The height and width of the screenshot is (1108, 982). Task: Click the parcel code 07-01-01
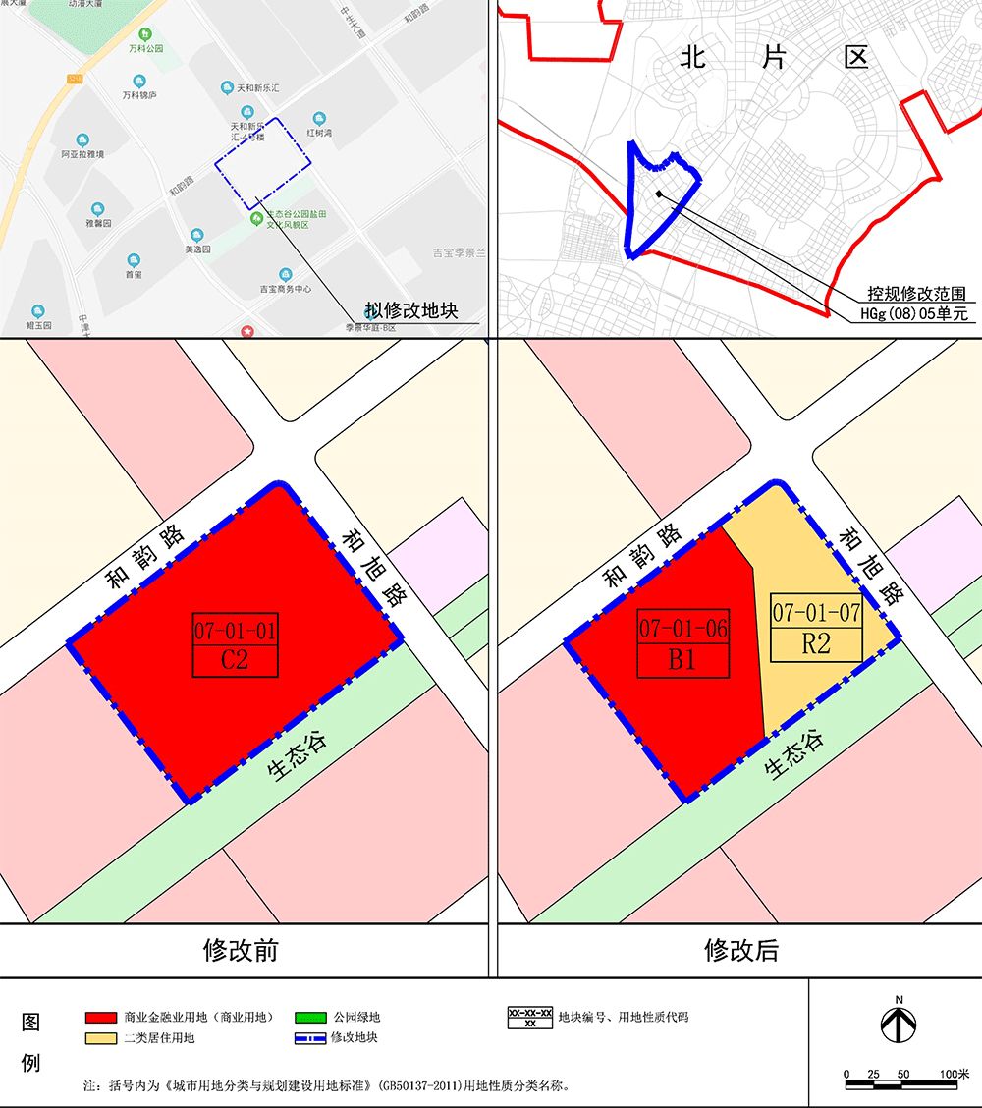tap(235, 629)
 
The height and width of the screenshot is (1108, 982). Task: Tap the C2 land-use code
tap(235, 660)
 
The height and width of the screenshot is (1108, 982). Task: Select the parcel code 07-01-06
tap(682, 629)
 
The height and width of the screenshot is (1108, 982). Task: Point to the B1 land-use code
tap(682, 660)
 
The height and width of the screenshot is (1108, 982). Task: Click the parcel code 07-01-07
tap(816, 614)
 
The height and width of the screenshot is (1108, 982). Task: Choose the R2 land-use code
tap(816, 644)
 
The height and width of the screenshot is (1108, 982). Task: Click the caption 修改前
tap(241, 950)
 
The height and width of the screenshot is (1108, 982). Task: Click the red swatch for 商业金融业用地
tap(101, 1017)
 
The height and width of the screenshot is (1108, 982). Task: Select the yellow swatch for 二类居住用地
tap(101, 1037)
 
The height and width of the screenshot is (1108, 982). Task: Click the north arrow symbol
tap(899, 1025)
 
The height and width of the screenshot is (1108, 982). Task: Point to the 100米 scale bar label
tap(954, 1074)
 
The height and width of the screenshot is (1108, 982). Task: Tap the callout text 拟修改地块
tap(412, 311)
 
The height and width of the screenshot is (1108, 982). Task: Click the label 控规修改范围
tap(915, 294)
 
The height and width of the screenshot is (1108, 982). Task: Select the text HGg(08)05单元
tap(913, 315)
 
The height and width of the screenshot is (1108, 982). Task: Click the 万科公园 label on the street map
tap(145, 48)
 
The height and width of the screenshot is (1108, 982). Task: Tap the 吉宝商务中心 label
tap(285, 289)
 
